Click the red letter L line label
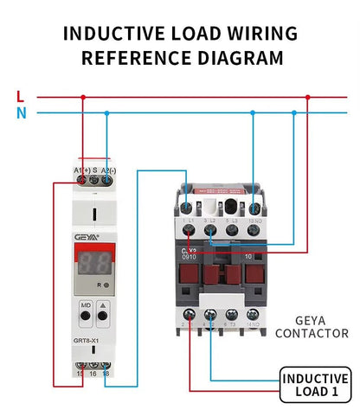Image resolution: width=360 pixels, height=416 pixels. [20, 96]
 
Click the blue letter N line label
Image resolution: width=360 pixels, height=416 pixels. [20, 112]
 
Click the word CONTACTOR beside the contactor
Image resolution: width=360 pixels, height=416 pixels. [315, 333]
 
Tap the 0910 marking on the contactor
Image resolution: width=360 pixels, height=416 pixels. [190, 256]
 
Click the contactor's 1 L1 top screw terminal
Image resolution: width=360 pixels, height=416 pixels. [188, 208]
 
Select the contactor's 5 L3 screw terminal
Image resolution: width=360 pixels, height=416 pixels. [232, 208]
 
